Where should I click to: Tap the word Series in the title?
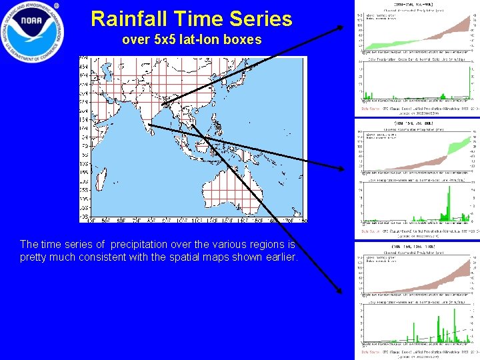(261, 19)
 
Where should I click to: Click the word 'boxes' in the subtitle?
(245, 40)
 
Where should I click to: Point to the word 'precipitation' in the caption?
(142, 245)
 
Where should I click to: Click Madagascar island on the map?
(107, 179)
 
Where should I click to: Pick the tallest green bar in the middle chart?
(449, 200)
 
